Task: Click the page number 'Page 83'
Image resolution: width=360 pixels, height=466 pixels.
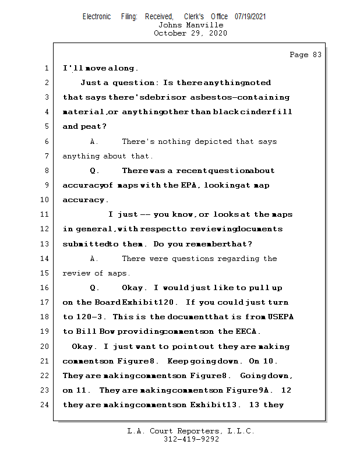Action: click(x=305, y=55)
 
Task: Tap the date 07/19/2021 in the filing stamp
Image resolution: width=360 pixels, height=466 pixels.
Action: click(x=250, y=17)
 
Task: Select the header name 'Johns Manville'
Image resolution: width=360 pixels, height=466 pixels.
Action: click(x=190, y=25)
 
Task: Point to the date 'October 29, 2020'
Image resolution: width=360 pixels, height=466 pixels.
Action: click(x=190, y=33)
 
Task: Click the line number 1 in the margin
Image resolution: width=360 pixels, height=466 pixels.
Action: click(x=47, y=68)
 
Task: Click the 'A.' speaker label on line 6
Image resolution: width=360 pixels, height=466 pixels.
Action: click(x=94, y=142)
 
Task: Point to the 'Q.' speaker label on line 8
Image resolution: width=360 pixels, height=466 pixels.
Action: click(x=94, y=171)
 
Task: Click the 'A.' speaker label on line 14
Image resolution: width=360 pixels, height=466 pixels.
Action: click(x=94, y=259)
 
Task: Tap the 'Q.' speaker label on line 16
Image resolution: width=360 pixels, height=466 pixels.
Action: click(x=94, y=288)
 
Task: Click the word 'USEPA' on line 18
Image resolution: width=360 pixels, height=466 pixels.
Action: click(x=280, y=317)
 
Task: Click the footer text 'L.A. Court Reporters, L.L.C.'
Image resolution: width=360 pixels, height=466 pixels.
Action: click(x=190, y=432)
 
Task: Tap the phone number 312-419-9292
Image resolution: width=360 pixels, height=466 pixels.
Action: click(x=190, y=439)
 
